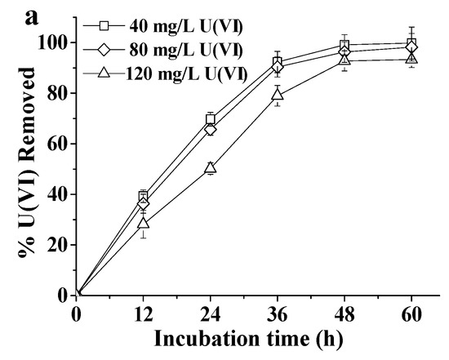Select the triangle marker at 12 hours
(144, 222)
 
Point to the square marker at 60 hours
(411, 44)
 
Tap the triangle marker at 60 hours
(411, 59)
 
